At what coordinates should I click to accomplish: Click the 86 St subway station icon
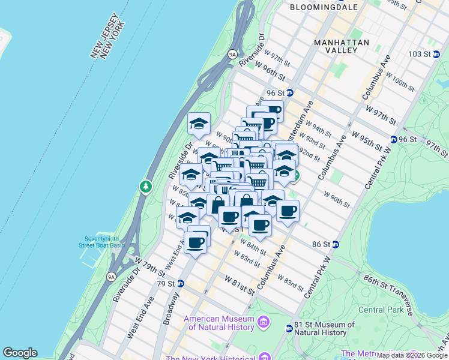(x=336, y=244)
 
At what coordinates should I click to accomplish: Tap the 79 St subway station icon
(x=179, y=283)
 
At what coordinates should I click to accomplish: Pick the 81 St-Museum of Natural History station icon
(x=289, y=328)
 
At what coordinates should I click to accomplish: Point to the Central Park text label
(x=381, y=310)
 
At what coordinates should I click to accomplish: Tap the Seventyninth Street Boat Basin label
(x=101, y=241)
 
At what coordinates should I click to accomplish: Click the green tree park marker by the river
(x=145, y=187)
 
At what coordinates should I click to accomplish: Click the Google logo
(x=20, y=353)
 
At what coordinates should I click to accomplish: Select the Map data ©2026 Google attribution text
(x=412, y=355)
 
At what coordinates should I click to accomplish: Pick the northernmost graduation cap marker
(x=199, y=124)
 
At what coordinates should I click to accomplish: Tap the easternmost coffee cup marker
(x=288, y=211)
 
